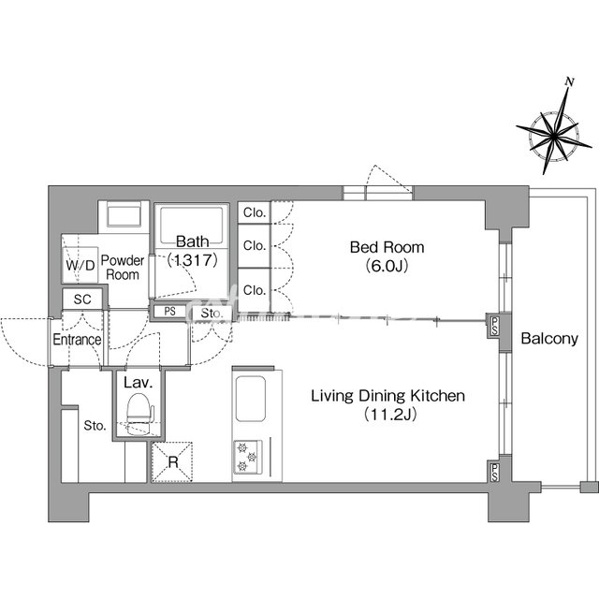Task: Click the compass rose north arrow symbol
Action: [x=553, y=134]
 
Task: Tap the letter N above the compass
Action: [x=568, y=82]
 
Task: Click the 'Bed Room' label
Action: [x=387, y=248]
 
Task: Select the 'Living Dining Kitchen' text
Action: [x=387, y=396]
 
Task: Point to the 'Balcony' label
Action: [x=549, y=339]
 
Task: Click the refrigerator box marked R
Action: [x=172, y=461]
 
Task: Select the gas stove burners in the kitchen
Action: [x=247, y=455]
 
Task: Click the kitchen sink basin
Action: [x=253, y=400]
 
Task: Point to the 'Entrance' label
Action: [x=77, y=340]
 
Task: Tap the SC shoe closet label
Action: [x=80, y=299]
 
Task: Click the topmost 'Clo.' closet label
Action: [x=255, y=213]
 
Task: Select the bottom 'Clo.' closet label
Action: [x=255, y=290]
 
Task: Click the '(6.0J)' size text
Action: [x=387, y=266]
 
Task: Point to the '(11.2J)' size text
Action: [x=387, y=414]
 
